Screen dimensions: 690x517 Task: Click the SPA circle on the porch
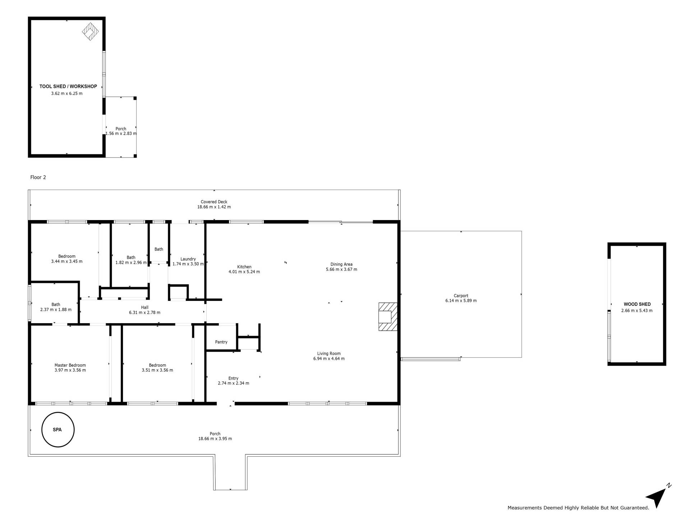pyautogui.click(x=42, y=429)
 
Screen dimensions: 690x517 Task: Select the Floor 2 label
pyautogui.click(x=38, y=177)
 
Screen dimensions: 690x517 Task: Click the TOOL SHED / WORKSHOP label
pyautogui.click(x=68, y=87)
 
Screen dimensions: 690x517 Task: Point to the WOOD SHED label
pyautogui.click(x=637, y=304)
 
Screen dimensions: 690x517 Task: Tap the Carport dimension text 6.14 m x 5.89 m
pyautogui.click(x=461, y=301)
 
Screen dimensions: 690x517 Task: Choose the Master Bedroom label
pyautogui.click(x=70, y=365)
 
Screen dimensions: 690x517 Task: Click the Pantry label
pyautogui.click(x=221, y=342)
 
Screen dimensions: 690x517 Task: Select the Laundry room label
pyautogui.click(x=188, y=259)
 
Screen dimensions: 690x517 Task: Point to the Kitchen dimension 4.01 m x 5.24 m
pyautogui.click(x=244, y=272)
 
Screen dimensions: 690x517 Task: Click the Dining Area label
pyautogui.click(x=341, y=265)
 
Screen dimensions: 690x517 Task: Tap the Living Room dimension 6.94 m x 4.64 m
pyautogui.click(x=329, y=359)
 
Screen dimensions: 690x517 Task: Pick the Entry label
pyautogui.click(x=234, y=378)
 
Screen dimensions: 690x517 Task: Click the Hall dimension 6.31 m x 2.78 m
pyautogui.click(x=145, y=313)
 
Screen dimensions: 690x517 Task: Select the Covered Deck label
pyautogui.click(x=214, y=202)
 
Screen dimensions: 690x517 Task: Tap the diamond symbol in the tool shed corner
pyautogui.click(x=91, y=32)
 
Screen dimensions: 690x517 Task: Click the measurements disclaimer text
pyautogui.click(x=578, y=508)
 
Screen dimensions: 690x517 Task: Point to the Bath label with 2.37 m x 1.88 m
pyautogui.click(x=56, y=305)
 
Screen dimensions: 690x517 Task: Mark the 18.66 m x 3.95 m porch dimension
pyautogui.click(x=215, y=439)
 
